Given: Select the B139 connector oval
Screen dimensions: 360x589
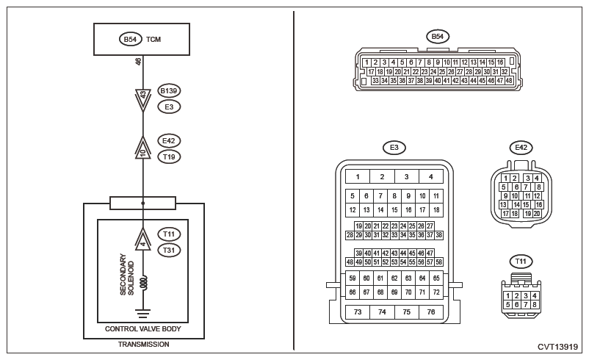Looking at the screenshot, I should [x=170, y=91].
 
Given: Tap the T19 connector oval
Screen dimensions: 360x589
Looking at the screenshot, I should [x=170, y=156].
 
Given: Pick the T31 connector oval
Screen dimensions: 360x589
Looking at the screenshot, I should [x=170, y=250].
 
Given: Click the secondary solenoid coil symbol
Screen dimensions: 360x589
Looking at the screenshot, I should [x=144, y=281].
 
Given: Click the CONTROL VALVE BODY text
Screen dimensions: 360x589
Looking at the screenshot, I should [x=143, y=328].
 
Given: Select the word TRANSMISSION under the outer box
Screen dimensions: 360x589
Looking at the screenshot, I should [x=144, y=344].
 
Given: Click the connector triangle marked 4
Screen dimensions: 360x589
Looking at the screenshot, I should [x=144, y=240].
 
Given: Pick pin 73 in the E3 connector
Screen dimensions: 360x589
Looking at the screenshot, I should [x=358, y=312].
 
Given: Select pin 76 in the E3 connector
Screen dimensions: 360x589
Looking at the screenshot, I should [x=431, y=312].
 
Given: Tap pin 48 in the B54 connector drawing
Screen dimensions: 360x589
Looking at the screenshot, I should [x=508, y=81].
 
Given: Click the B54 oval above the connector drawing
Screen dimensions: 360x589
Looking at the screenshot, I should [x=438, y=36].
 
